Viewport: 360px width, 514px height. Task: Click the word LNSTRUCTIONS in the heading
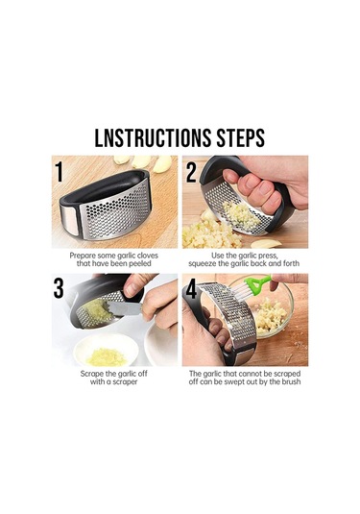pos(153,137)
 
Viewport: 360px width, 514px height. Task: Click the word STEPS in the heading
pos(240,137)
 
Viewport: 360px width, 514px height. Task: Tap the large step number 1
pos(59,171)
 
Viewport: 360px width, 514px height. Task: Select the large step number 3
pos(59,288)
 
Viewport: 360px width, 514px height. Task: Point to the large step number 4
pos(191,288)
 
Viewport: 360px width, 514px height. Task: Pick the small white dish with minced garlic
pos(106,350)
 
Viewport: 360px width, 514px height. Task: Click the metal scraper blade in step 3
pos(124,308)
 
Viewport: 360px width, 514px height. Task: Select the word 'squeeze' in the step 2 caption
pos(203,263)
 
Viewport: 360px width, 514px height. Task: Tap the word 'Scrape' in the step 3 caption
pos(91,374)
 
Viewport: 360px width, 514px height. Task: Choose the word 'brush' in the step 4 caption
pos(291,381)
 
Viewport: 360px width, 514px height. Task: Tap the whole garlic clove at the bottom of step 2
pos(266,244)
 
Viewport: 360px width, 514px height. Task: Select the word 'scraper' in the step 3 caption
pos(125,381)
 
